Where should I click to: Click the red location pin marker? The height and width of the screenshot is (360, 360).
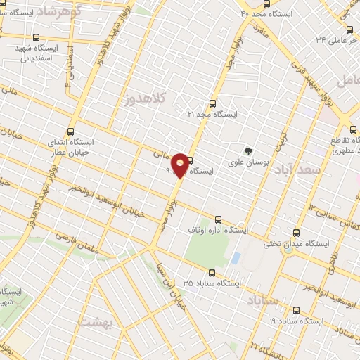(x=180, y=165)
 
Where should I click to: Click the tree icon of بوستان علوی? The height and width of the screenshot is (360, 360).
(x=247, y=150)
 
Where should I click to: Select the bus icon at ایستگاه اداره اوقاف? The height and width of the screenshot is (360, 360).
(x=217, y=219)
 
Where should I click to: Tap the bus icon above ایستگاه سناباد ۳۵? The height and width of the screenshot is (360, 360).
(x=210, y=272)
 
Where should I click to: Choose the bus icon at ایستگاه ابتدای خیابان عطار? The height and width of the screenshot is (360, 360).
(x=71, y=131)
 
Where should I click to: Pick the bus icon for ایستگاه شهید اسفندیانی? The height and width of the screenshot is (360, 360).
(x=37, y=39)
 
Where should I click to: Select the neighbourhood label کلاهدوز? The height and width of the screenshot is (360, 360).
(x=147, y=99)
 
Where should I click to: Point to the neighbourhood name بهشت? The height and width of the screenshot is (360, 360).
(x=95, y=322)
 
